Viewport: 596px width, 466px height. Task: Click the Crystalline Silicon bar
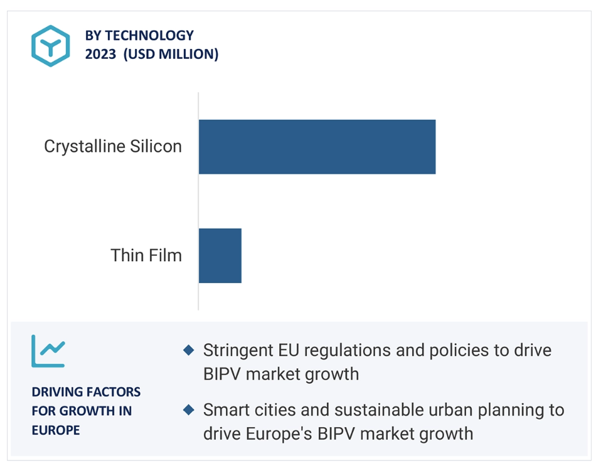317,147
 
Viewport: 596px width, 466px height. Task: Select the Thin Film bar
220,255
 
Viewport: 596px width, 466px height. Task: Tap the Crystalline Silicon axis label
113,147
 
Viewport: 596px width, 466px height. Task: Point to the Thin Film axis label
146,255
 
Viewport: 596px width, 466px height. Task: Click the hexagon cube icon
51,46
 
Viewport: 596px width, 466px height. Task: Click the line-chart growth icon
48,351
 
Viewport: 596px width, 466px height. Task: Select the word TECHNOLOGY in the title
149,35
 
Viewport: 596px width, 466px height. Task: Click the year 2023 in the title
100,54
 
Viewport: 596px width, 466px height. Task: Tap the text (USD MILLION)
171,54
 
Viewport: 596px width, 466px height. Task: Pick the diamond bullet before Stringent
189,350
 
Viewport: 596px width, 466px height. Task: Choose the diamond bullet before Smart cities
189,410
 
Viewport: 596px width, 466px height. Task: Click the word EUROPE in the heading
56,430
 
